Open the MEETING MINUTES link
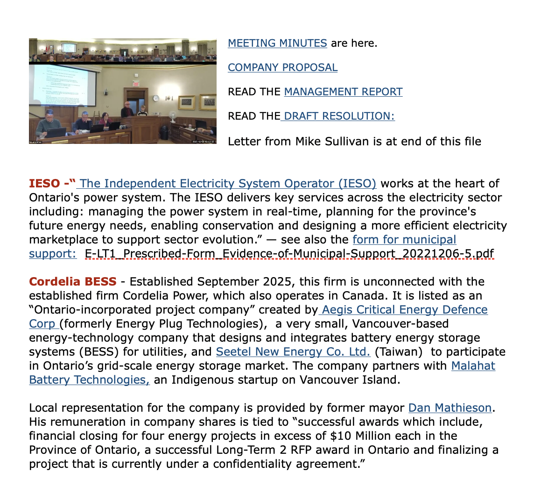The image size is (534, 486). (277, 43)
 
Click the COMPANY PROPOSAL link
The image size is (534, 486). (282, 68)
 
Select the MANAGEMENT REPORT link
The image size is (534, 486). (343, 92)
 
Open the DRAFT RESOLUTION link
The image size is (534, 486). (338, 116)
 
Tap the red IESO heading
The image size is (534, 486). (44, 184)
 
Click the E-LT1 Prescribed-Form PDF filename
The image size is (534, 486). (289, 254)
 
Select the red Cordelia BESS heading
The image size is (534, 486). (72, 282)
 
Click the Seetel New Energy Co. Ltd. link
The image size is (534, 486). (293, 352)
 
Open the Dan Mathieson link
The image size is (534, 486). (450, 408)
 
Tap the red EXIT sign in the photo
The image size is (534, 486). (136, 84)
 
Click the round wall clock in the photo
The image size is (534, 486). (156, 98)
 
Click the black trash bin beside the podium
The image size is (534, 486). (164, 132)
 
